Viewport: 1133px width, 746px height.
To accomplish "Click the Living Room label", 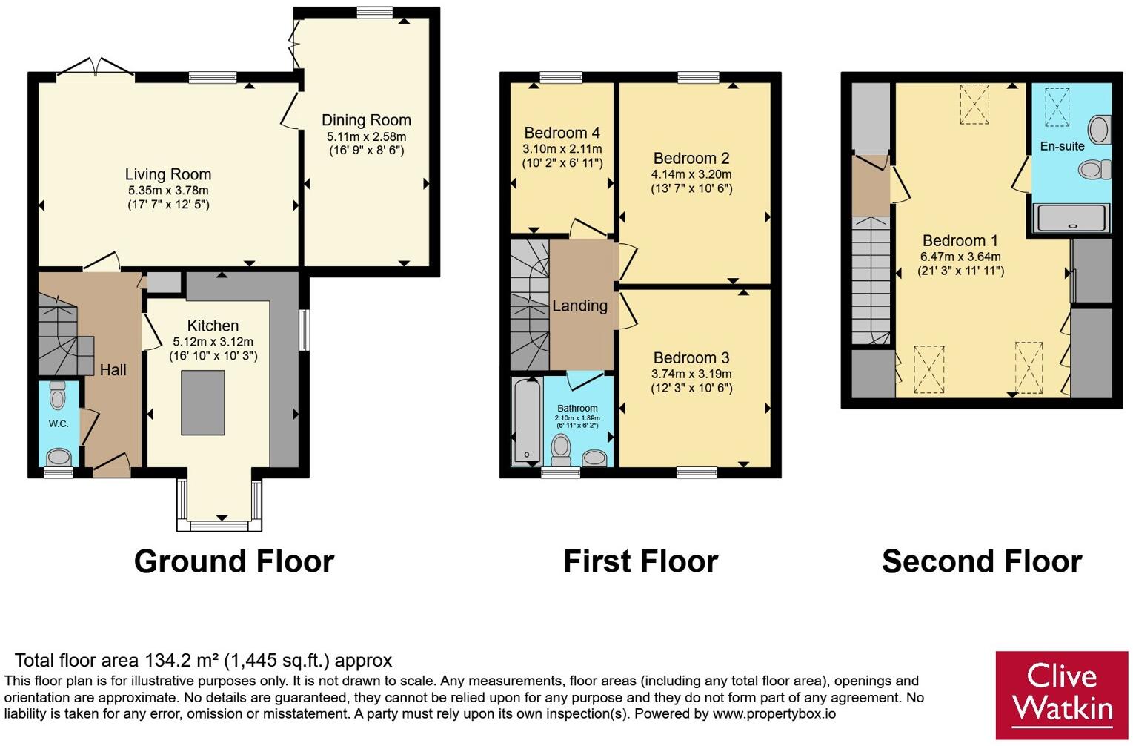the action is click(x=168, y=174).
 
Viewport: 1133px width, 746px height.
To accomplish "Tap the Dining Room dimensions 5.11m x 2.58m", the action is click(x=366, y=136).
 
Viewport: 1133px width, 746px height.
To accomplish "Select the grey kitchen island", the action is click(x=203, y=403).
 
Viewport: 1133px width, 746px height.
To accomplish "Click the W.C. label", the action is click(x=59, y=423).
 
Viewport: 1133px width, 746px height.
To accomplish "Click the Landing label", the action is click(x=579, y=306).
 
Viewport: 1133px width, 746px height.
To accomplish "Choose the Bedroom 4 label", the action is click(x=562, y=133).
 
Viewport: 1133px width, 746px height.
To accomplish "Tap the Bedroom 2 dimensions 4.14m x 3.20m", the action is click(x=691, y=174).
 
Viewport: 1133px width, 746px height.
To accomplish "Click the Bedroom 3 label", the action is click(x=691, y=358).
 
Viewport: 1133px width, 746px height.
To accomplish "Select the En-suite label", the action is click(x=1062, y=146).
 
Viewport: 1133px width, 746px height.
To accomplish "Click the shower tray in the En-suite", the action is click(x=1071, y=218).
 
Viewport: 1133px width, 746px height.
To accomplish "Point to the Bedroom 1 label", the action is click(x=954, y=240).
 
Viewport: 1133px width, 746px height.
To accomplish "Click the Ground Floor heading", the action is click(x=233, y=561).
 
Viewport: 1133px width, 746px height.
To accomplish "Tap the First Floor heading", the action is click(x=641, y=561).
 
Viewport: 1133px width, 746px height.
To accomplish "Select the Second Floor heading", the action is click(x=982, y=561).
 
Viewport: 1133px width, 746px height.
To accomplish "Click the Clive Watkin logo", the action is click(x=1062, y=696).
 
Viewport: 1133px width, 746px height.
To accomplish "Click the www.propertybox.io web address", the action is click(x=774, y=714).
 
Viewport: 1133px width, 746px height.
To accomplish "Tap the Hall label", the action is click(x=113, y=370).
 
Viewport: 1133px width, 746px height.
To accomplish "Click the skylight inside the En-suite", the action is click(x=1057, y=108).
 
